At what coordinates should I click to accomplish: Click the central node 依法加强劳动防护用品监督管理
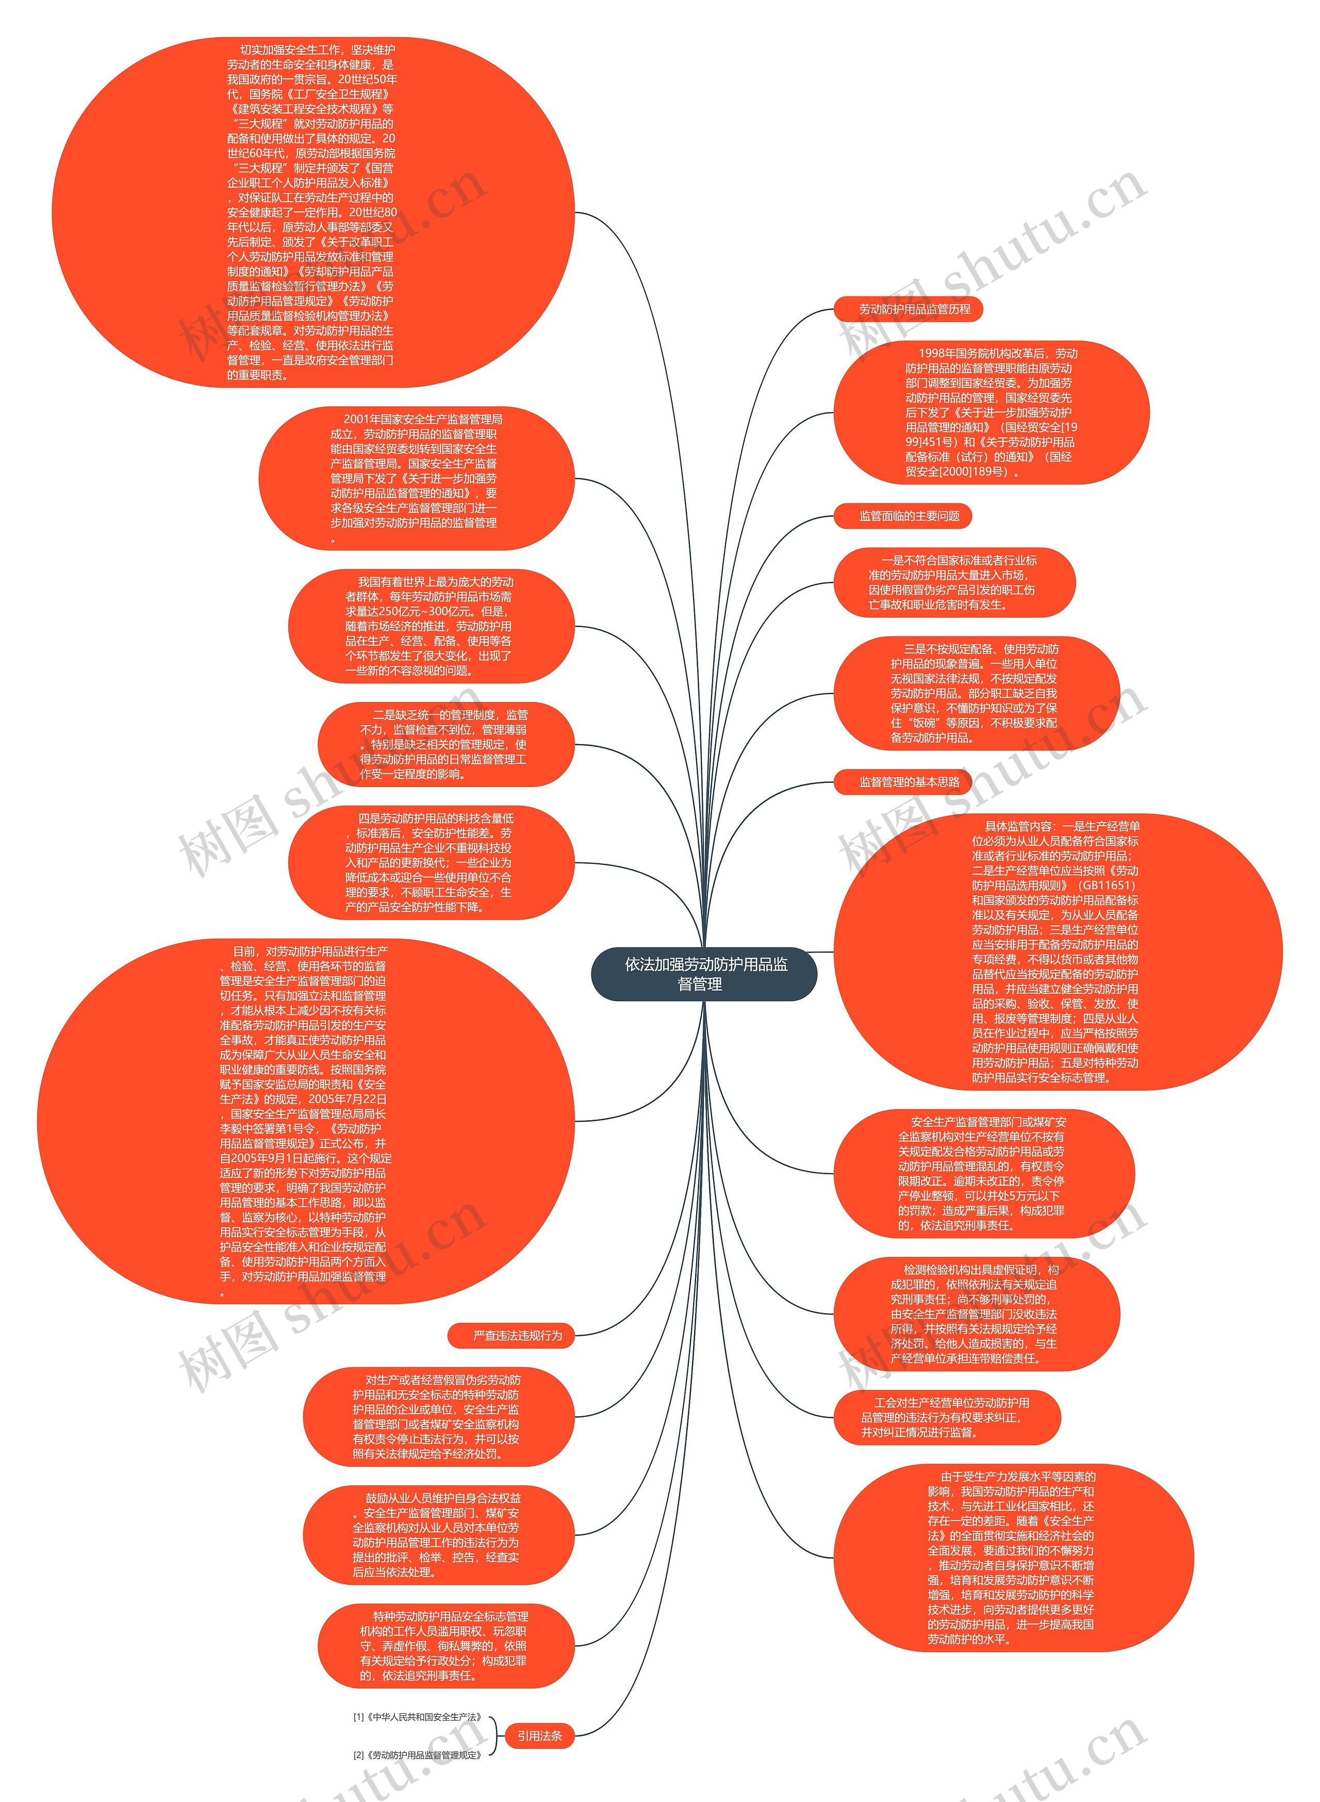[x=704, y=974]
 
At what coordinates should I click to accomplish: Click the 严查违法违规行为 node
[x=511, y=1335]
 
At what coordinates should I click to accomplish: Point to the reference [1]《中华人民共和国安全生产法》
[x=417, y=1716]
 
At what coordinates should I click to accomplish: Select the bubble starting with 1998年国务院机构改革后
[x=991, y=413]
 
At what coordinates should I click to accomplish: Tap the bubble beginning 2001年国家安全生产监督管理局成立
[x=416, y=478]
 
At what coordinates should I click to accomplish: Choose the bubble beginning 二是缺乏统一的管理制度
[x=445, y=744]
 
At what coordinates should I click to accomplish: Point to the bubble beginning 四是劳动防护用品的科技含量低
[x=431, y=862]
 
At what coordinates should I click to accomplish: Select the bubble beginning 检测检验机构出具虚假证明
[x=977, y=1314]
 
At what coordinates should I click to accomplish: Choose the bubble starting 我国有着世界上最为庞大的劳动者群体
[x=431, y=626]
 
